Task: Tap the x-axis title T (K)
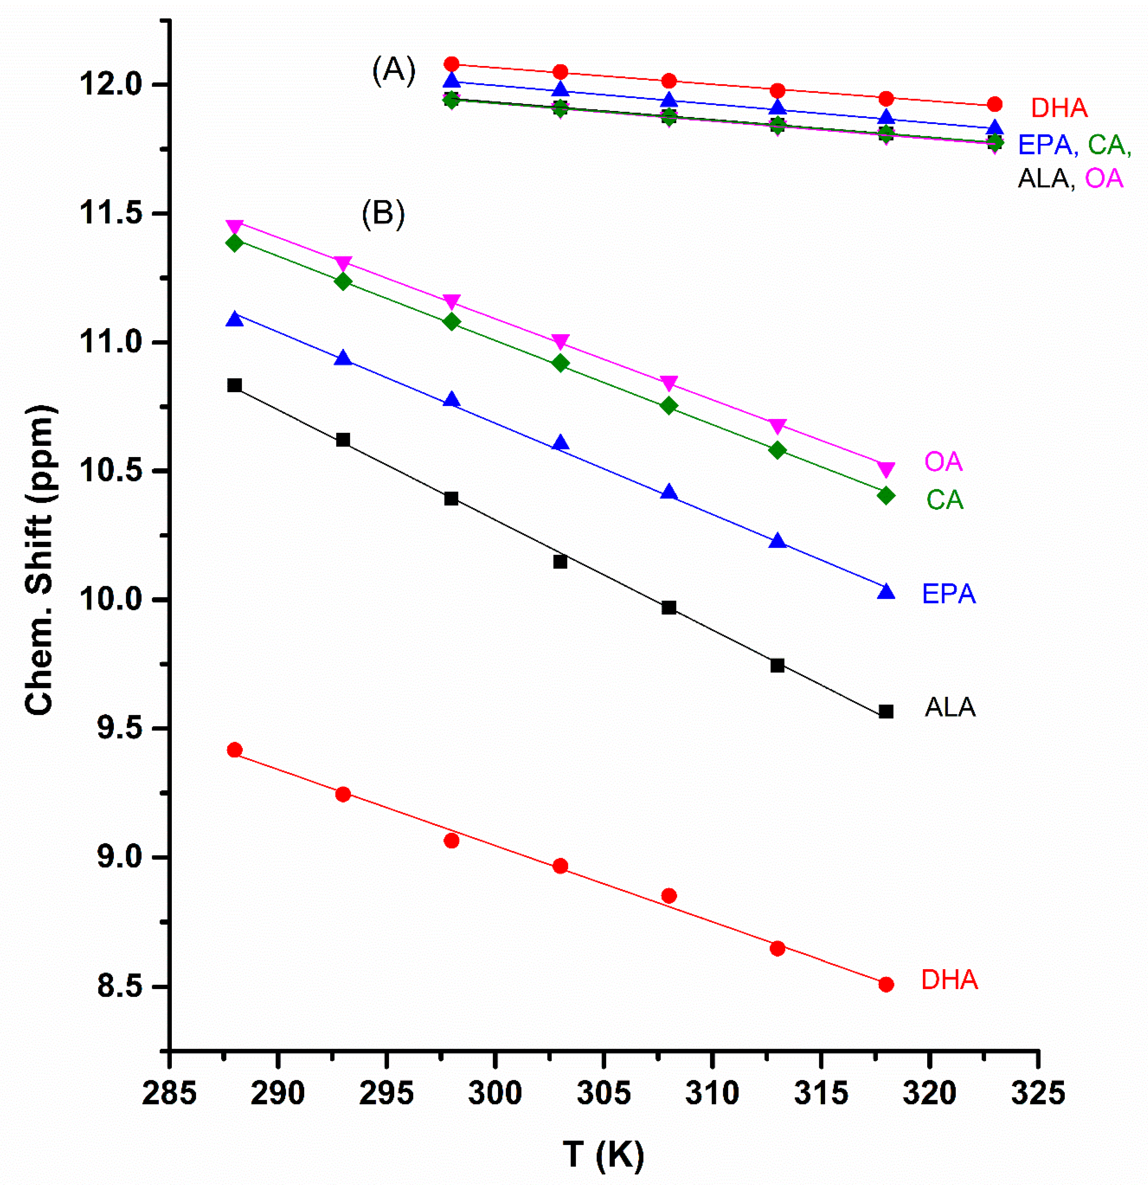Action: [603, 1152]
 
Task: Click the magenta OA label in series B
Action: [942, 462]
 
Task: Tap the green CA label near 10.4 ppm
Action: [944, 500]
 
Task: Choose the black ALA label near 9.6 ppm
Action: [950, 707]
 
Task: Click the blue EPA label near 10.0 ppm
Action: [949, 594]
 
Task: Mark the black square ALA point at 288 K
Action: [235, 385]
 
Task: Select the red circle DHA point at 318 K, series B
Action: [886, 984]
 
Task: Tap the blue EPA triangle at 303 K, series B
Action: [560, 443]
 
